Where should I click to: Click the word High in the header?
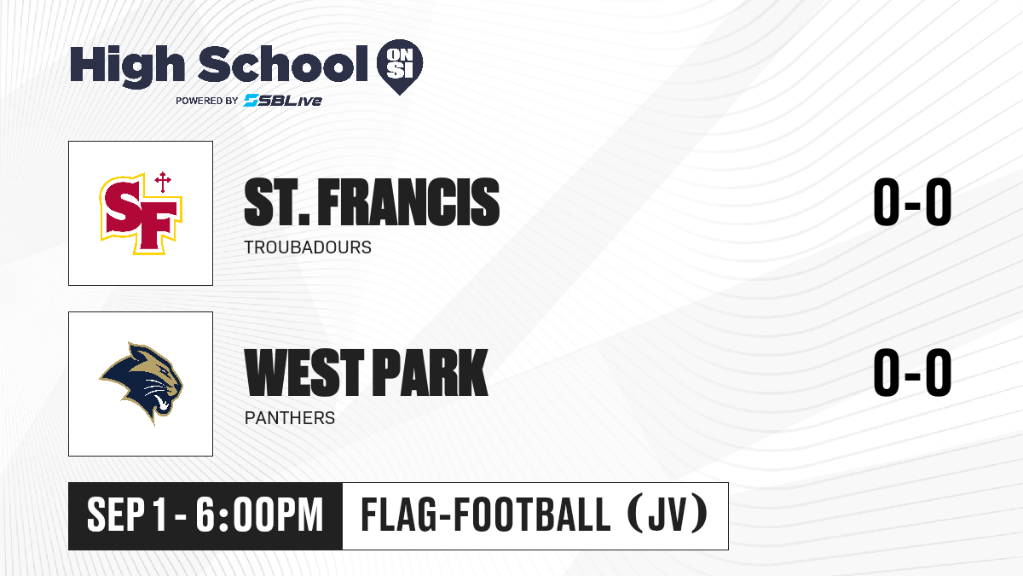coord(127,67)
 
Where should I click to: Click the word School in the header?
coord(283,64)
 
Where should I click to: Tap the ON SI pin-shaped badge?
coord(400,67)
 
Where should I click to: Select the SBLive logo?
coord(283,100)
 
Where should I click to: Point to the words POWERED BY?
coord(207,101)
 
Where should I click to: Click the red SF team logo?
coord(141,213)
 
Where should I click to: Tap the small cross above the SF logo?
coord(163,182)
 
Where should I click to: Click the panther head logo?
coord(141,383)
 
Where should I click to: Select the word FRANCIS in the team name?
coord(408,202)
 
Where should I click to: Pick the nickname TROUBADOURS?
coord(308,247)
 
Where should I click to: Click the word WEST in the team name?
coord(304,373)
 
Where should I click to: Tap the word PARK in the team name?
coord(431,373)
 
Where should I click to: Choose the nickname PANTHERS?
coord(290,418)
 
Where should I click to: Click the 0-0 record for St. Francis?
coord(912,201)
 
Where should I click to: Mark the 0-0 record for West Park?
coord(912,372)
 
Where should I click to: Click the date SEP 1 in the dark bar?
coord(127,515)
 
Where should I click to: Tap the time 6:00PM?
coord(259,515)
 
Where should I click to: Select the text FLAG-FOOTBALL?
coord(485,515)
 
